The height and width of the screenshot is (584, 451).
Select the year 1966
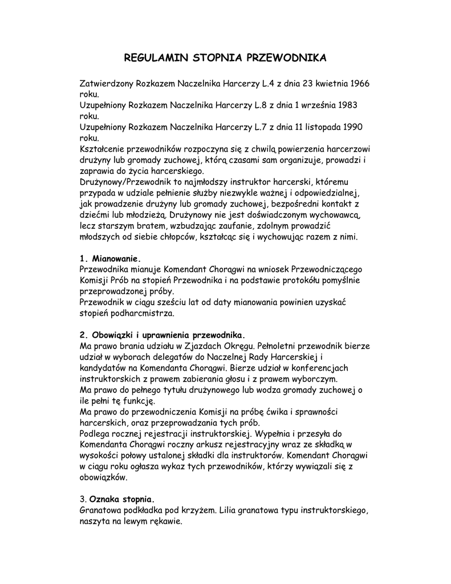point(360,83)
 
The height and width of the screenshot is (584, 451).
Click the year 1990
point(353,127)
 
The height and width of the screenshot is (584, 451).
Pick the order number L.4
point(268,83)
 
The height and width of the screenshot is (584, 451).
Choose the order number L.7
point(268,127)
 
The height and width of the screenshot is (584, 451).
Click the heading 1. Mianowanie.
point(109,258)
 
